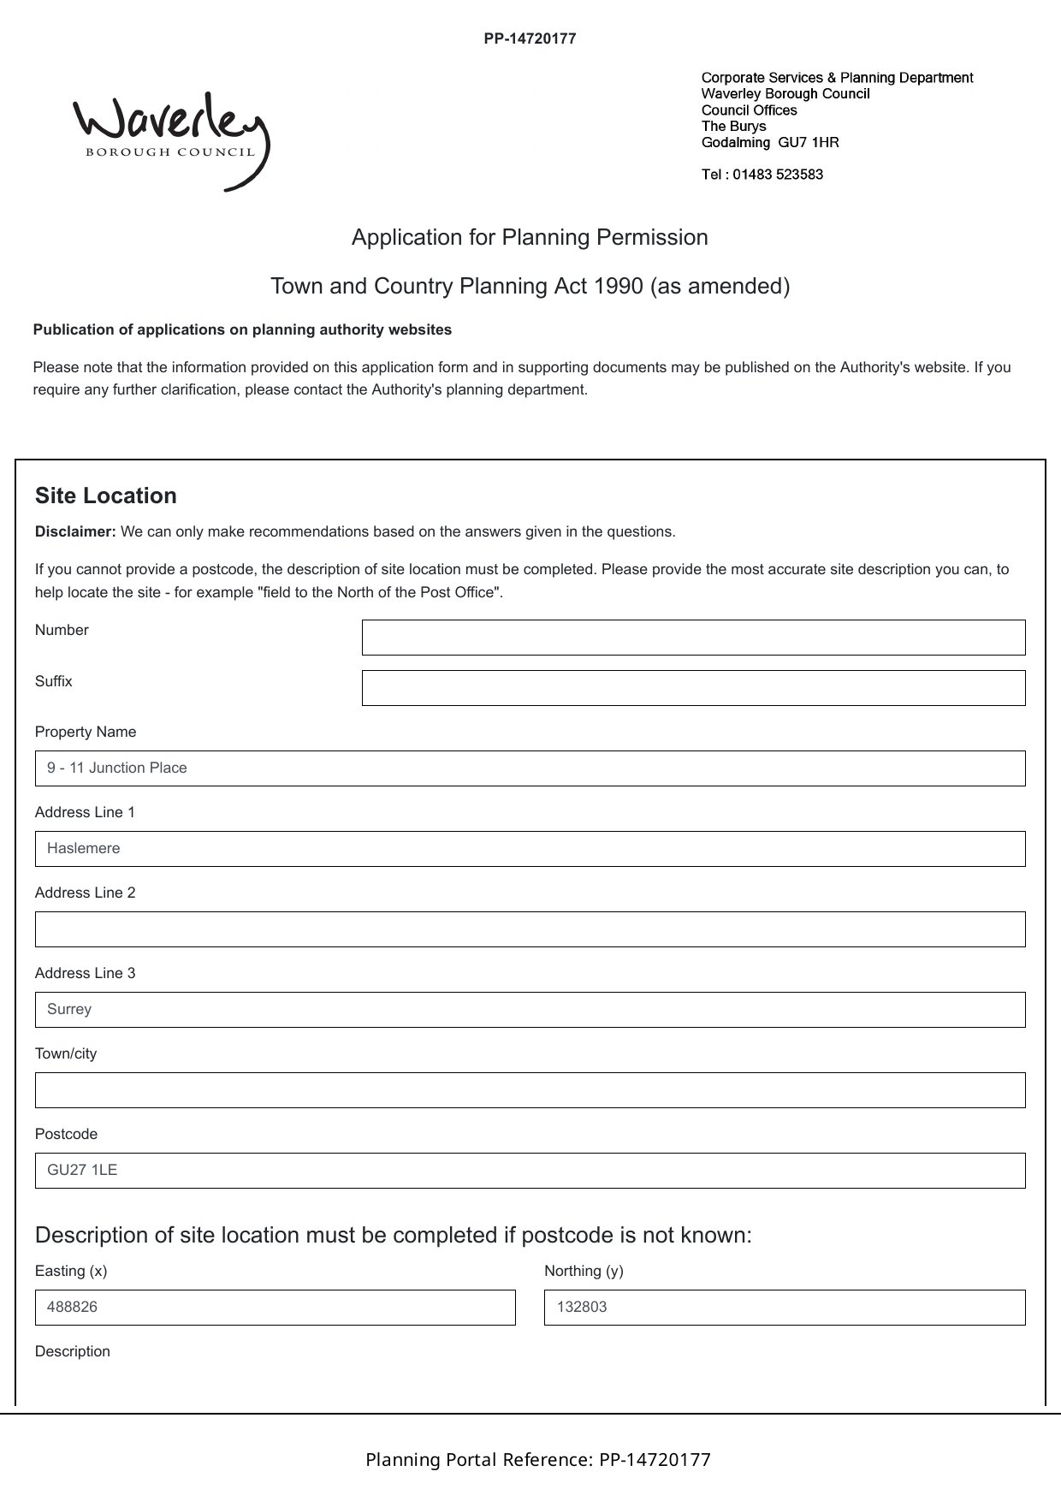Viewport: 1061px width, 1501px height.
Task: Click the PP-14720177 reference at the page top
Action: pyautogui.click(x=530, y=39)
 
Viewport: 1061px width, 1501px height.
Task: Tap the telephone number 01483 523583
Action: pyautogui.click(x=777, y=175)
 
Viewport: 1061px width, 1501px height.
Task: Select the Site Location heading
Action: pyautogui.click(x=106, y=496)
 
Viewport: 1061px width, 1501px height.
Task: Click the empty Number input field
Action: pyautogui.click(x=693, y=638)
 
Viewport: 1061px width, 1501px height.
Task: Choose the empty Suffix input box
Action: pyautogui.click(x=693, y=688)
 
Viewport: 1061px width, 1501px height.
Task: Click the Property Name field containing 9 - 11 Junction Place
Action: pyautogui.click(x=530, y=768)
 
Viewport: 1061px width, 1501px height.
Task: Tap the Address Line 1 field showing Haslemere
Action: pyautogui.click(x=530, y=849)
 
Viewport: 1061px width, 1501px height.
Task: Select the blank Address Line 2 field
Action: pyautogui.click(x=530, y=929)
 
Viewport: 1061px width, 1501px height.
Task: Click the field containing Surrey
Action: pyautogui.click(x=530, y=1010)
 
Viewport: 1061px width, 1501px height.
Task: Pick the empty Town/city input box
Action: pyautogui.click(x=530, y=1090)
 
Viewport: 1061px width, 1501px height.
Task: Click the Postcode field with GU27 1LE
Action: pyautogui.click(x=530, y=1171)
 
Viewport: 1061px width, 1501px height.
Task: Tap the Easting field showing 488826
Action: pyautogui.click(x=275, y=1308)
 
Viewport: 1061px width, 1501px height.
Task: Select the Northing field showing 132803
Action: pyautogui.click(x=785, y=1308)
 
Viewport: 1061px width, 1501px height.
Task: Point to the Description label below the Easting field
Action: pyautogui.click(x=73, y=1351)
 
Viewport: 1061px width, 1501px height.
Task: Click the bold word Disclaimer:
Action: pyautogui.click(x=75, y=531)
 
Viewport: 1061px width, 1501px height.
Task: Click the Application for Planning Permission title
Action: pyautogui.click(x=530, y=237)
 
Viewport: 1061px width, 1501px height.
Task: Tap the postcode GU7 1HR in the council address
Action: pyautogui.click(x=808, y=143)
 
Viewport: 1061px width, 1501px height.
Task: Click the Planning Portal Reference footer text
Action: pyautogui.click(x=538, y=1460)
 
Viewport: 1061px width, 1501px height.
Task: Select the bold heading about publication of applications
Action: pyautogui.click(x=242, y=329)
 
